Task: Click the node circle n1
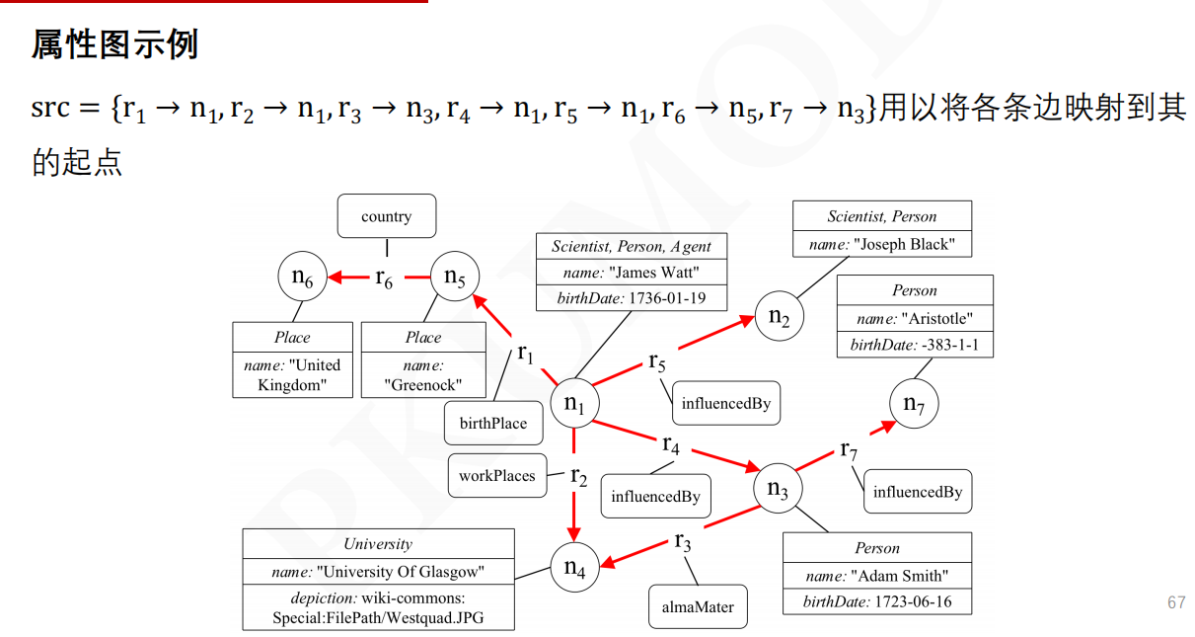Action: pos(575,403)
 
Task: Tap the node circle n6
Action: pos(302,279)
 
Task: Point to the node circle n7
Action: pos(914,404)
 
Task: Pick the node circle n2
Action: pos(780,317)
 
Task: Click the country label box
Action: pos(386,216)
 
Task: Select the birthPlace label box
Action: pos(493,424)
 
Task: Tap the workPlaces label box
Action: pos(496,475)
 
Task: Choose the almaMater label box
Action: pos(698,606)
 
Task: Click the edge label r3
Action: pos(683,542)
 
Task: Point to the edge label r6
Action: pos(384,279)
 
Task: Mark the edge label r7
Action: pos(848,451)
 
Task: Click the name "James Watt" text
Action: pos(631,273)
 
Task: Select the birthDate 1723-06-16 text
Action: pos(877,600)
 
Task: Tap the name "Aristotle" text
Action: pos(915,318)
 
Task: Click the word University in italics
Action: pos(378,543)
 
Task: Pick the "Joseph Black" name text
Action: pos(882,244)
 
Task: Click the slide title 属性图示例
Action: pos(114,43)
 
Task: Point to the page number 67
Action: pos(1176,602)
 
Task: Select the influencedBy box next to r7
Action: pos(918,492)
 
